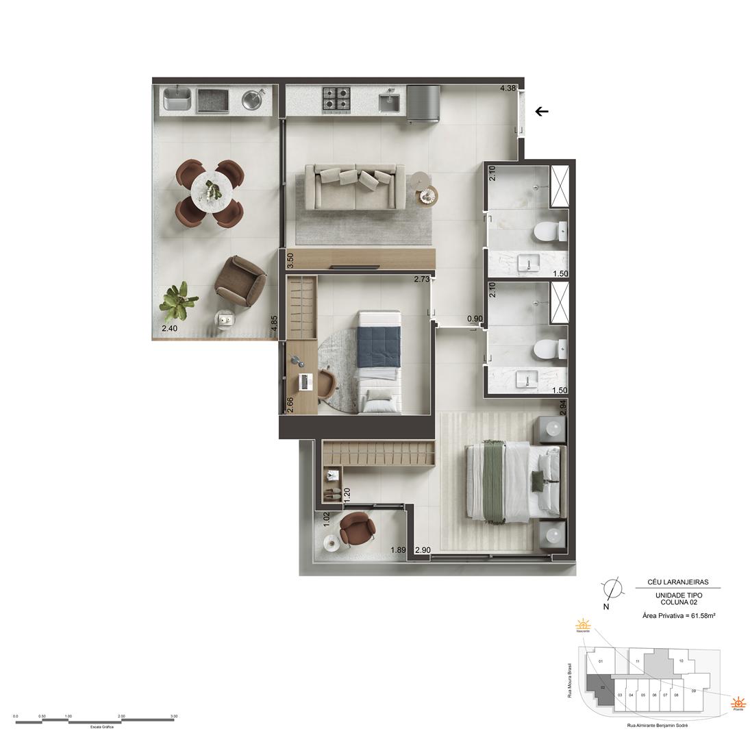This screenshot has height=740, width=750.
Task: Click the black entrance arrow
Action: tap(542, 111)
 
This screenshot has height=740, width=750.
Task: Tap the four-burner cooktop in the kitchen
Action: tap(337, 100)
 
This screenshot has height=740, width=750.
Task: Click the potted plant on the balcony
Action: tap(178, 301)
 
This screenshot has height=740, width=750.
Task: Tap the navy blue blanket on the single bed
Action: tap(379, 347)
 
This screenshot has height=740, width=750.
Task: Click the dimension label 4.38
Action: tap(508, 88)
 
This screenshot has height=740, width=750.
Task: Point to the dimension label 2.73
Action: tap(422, 279)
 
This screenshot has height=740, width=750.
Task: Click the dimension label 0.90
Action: tap(475, 319)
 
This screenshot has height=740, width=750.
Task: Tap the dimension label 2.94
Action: tap(563, 407)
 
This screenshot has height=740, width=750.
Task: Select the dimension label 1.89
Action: tap(398, 550)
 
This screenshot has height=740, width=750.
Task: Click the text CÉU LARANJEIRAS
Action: tap(678, 582)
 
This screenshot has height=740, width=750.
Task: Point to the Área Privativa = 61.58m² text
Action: tap(679, 616)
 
